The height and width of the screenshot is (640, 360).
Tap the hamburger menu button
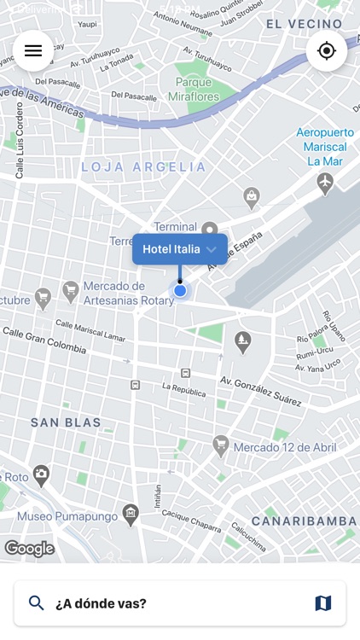tap(33, 51)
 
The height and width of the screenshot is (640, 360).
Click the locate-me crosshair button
tap(327, 51)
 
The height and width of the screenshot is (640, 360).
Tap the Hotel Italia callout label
tap(179, 249)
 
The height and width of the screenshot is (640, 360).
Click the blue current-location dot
tap(180, 291)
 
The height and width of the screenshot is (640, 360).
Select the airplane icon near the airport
tap(325, 182)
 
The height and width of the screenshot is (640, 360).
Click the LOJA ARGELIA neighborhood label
tap(143, 167)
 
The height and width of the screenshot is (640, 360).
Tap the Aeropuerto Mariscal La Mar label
tap(323, 147)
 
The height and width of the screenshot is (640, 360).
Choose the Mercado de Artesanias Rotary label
tap(128, 293)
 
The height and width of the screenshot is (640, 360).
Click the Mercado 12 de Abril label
tap(285, 446)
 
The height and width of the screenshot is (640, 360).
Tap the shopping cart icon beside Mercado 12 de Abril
tap(221, 445)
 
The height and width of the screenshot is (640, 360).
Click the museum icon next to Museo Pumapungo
tap(131, 514)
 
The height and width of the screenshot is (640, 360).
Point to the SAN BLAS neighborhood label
tap(66, 422)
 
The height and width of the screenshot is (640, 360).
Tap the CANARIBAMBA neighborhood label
tap(304, 521)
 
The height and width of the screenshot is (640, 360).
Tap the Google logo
tap(29, 549)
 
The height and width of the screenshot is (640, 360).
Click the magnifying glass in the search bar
tap(37, 603)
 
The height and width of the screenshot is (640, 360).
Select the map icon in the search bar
tap(323, 603)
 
